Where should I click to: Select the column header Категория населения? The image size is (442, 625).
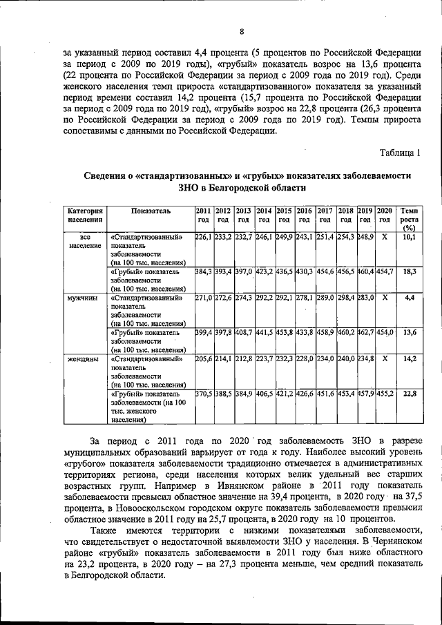(x=85, y=215)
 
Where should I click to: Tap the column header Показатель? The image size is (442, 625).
(x=150, y=210)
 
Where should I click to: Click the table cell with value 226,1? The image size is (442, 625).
(x=203, y=237)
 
